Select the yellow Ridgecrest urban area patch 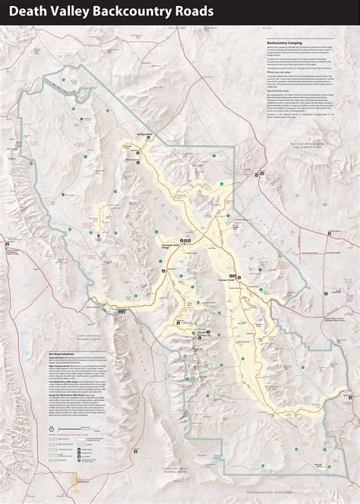pyautogui.click(x=76, y=483)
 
